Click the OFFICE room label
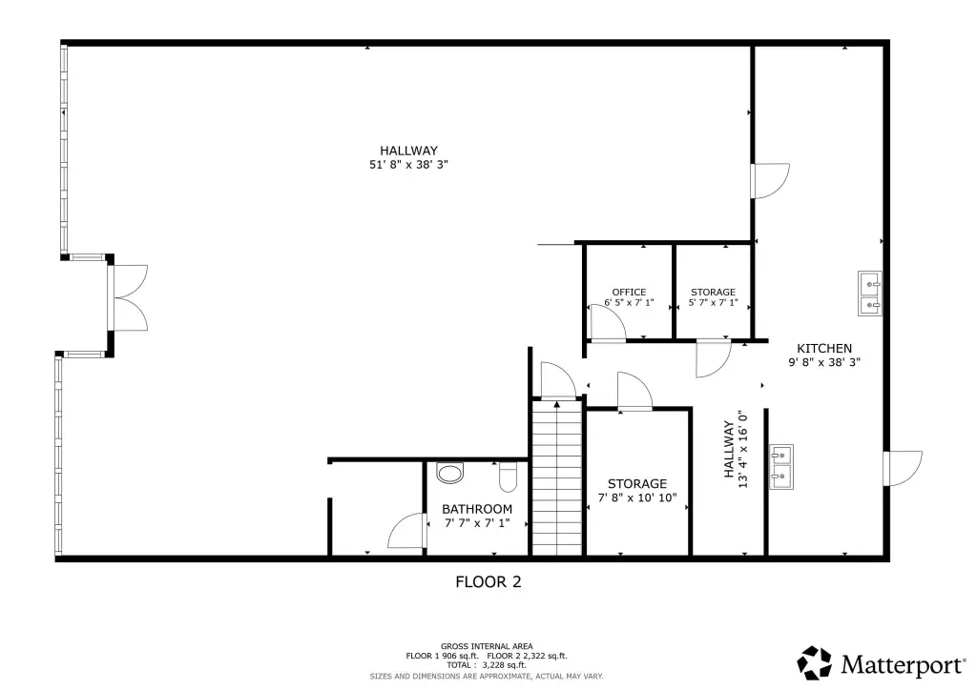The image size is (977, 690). [629, 292]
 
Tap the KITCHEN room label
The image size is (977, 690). [824, 349]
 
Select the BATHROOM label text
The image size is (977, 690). [477, 509]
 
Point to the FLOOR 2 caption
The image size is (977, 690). [488, 581]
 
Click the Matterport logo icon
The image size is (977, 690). [815, 663]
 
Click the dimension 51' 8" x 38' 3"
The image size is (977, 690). [408, 165]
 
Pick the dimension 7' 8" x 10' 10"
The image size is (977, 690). [637, 497]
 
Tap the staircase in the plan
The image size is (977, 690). [557, 477]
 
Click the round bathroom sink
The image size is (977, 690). [450, 473]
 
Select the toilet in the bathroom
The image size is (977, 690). [509, 477]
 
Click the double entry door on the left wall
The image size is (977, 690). [128, 297]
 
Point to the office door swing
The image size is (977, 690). [608, 323]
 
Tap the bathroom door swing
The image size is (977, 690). [406, 531]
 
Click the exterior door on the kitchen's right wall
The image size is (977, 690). [903, 468]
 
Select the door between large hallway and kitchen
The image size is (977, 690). [771, 181]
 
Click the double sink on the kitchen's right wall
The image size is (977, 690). [870, 293]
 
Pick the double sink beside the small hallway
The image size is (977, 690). [780, 467]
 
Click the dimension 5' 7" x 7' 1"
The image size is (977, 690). [713, 303]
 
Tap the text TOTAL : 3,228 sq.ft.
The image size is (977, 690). [486, 665]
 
